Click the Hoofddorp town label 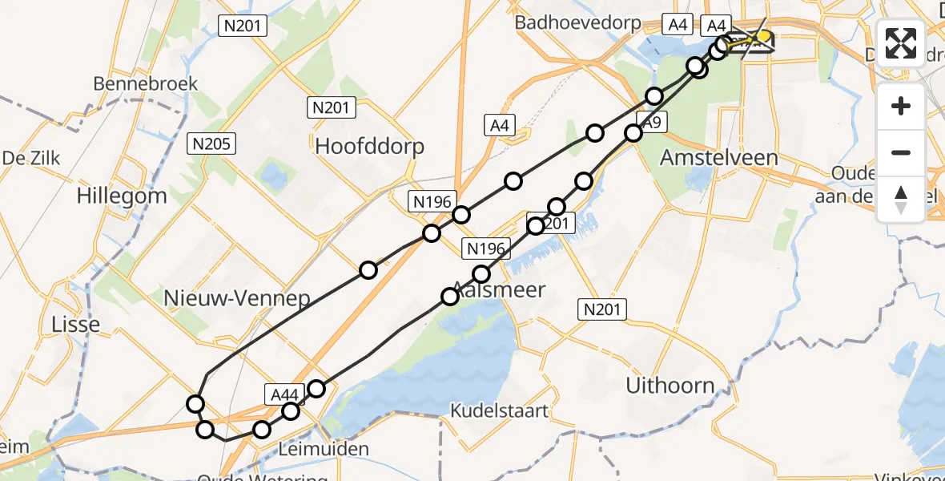(x=369, y=147)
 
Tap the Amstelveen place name (x=718, y=158)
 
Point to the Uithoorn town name (x=670, y=386)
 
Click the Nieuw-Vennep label (x=236, y=299)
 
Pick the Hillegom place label (x=122, y=196)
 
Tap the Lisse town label (x=76, y=325)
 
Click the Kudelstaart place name (x=500, y=411)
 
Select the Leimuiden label (x=324, y=449)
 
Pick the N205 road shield (x=211, y=144)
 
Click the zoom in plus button (x=901, y=107)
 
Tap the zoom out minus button (x=901, y=153)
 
